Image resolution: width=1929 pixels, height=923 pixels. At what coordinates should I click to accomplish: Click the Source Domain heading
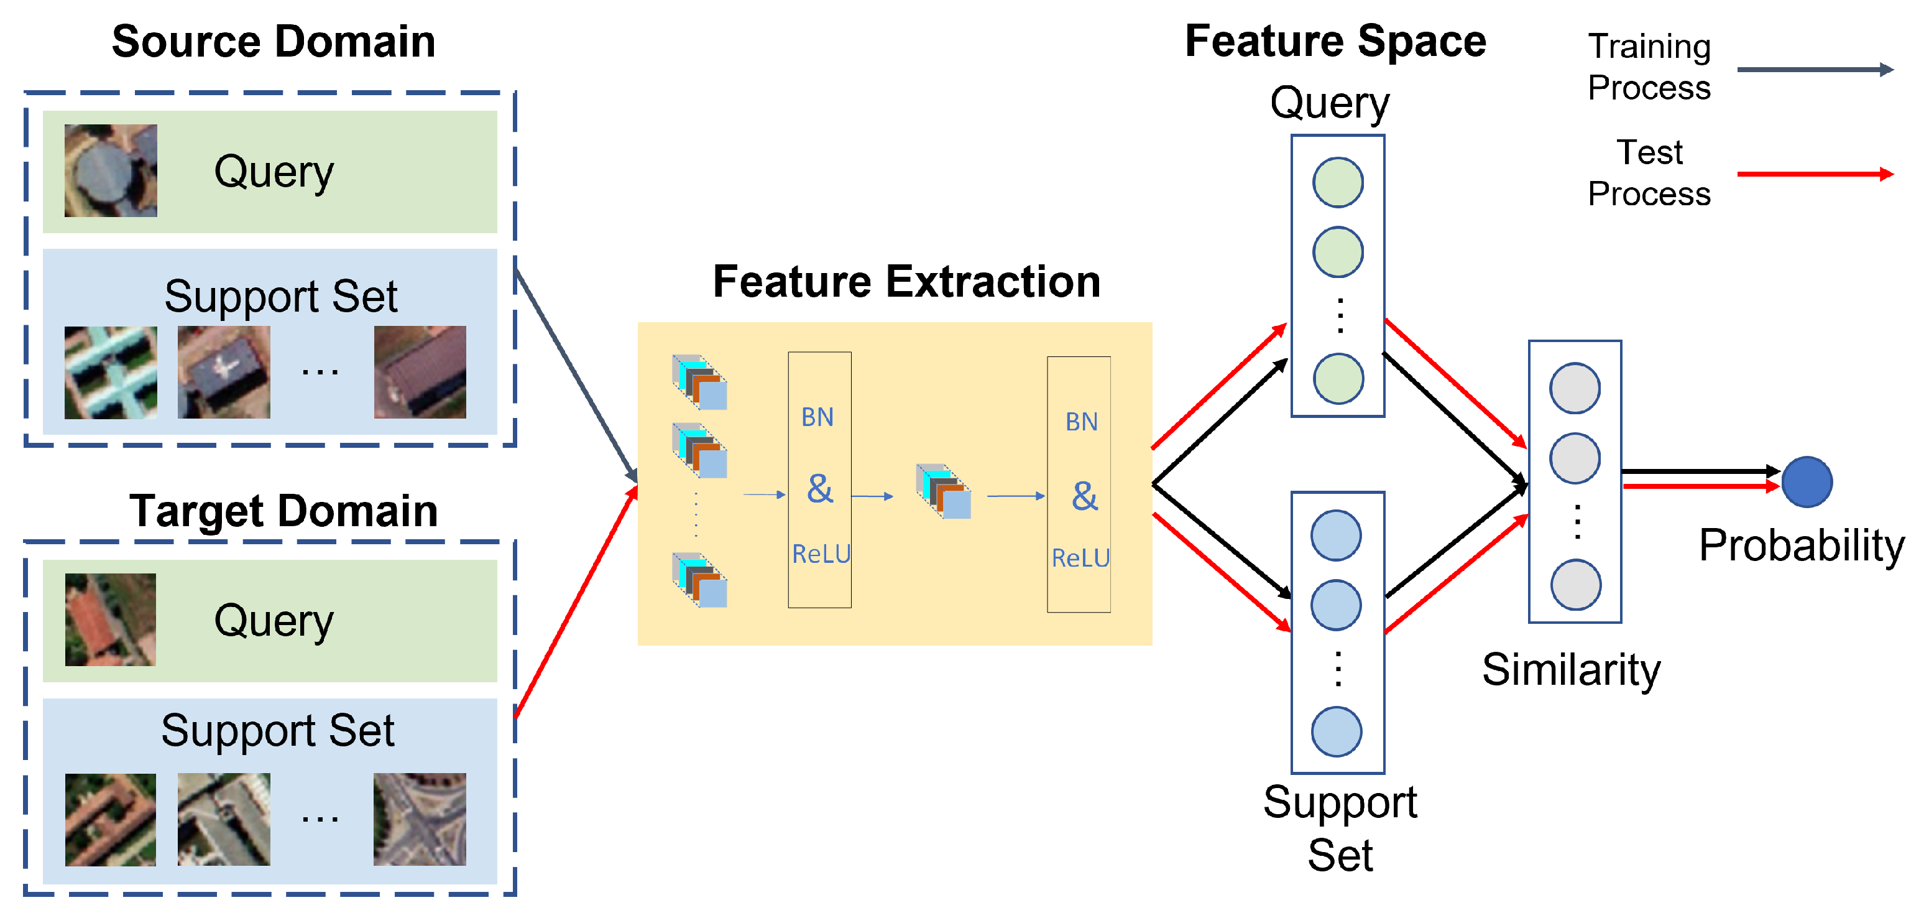click(274, 41)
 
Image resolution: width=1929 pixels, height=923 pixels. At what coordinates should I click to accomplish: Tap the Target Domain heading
click(283, 511)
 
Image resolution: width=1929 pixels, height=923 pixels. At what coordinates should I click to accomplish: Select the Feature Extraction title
click(906, 282)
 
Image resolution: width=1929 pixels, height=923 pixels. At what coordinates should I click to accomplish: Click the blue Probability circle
click(1806, 482)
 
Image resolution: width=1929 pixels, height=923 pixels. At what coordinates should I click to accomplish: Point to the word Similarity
click(1571, 669)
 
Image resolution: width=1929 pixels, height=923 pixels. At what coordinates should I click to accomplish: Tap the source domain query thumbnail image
click(111, 171)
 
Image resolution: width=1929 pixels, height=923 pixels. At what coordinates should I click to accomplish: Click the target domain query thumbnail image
click(111, 619)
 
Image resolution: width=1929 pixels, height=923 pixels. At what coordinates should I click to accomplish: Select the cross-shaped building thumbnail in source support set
click(111, 373)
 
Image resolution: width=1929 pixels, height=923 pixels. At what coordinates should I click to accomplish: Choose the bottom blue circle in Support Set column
click(1336, 731)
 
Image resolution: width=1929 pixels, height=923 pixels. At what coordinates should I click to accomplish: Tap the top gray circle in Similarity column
click(1575, 388)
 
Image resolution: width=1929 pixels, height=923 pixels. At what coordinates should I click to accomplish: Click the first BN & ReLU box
click(819, 480)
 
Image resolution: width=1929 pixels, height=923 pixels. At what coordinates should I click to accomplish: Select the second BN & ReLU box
click(1079, 485)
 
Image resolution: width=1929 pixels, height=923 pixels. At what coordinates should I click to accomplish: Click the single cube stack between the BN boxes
click(944, 491)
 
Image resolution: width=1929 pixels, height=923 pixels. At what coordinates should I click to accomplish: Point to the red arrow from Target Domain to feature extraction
click(575, 603)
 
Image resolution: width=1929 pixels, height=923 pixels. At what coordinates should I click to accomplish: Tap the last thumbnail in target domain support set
click(420, 820)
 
